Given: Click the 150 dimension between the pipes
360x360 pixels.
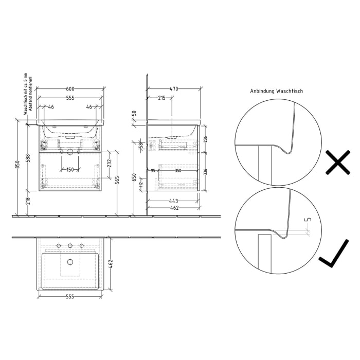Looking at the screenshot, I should (x=69, y=169).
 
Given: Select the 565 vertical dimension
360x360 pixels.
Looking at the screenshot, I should (x=118, y=178).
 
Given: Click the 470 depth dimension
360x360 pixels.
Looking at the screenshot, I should (x=174, y=89).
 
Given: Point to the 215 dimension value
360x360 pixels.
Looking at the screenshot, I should (x=161, y=98).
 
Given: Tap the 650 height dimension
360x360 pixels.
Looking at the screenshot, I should (x=134, y=177).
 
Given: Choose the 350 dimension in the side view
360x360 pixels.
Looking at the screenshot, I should (x=178, y=170).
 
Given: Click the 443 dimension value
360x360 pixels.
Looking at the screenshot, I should (x=174, y=201).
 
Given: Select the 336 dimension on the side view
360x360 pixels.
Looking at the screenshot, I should (x=205, y=172).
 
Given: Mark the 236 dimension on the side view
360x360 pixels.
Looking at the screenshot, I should (x=205, y=139).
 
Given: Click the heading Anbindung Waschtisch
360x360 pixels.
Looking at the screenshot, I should (x=276, y=91).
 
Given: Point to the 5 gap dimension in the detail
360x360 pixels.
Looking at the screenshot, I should (x=308, y=220).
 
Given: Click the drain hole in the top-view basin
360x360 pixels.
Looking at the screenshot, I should (x=70, y=262).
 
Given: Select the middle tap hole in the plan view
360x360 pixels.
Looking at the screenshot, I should (x=70, y=245).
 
